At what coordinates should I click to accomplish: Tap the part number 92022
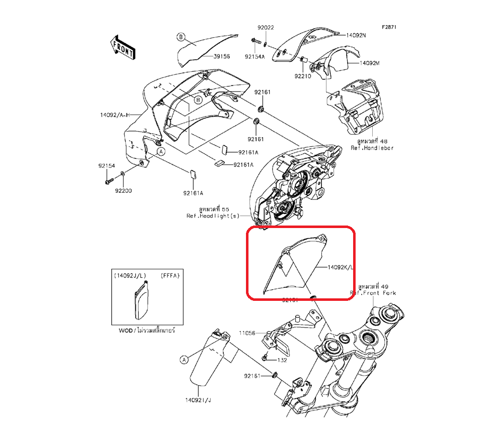[x=266, y=28]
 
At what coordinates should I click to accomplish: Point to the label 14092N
[x=356, y=36]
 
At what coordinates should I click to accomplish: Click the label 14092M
[x=369, y=64]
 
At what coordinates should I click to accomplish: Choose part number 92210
[x=303, y=76]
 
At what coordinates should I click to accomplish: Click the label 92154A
[x=255, y=57]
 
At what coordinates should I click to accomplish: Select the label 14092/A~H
[x=115, y=115]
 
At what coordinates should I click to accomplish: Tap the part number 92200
[x=123, y=191]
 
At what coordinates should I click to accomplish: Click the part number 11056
[x=247, y=333]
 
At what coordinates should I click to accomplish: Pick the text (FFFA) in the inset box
[x=169, y=276]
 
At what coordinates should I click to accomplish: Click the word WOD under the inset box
[x=124, y=331]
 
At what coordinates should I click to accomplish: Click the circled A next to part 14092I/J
[x=184, y=360]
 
